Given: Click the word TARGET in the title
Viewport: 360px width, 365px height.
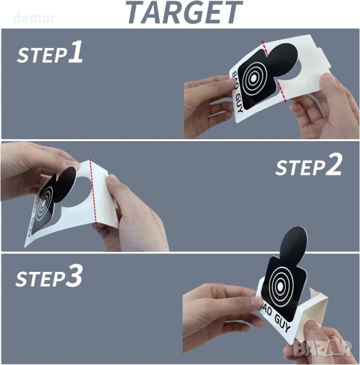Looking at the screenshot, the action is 184,12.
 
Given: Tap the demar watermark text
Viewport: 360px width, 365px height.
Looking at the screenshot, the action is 34,18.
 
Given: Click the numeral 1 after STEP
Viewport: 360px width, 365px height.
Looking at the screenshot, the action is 76,52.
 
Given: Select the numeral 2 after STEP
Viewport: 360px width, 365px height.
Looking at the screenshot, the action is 334,165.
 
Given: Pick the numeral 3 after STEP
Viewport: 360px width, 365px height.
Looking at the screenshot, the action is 74,276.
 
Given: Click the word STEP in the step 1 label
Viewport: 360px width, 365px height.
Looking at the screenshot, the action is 42,55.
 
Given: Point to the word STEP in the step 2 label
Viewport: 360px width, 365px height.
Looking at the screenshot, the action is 300,168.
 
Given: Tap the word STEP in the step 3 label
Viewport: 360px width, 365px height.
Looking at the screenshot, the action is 40,279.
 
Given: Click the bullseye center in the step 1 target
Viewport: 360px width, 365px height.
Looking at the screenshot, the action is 253,78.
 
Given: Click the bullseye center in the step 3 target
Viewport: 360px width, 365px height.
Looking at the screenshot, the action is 280,285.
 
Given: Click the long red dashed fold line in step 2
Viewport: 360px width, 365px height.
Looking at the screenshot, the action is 93,190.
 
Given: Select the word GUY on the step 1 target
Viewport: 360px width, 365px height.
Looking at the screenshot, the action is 239,103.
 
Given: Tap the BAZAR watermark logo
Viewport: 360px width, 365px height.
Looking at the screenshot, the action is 322,349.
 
